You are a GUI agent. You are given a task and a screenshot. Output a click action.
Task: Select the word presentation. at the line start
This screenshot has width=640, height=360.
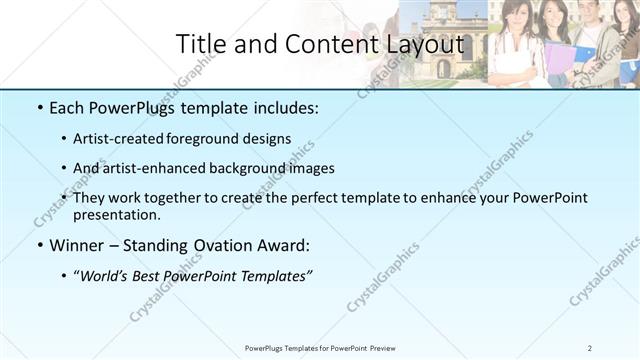116,215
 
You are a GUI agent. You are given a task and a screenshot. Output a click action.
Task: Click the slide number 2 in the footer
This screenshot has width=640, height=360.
590,347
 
